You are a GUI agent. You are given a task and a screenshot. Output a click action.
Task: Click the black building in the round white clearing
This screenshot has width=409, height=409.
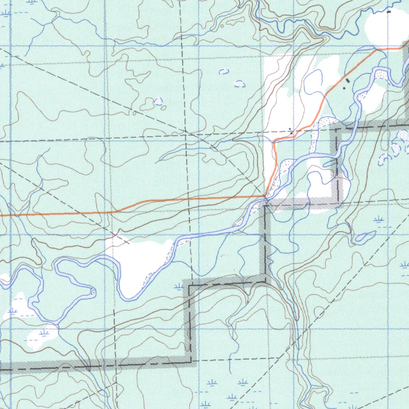[389, 12]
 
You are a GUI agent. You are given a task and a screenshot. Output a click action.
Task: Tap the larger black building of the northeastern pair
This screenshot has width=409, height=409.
[347, 81]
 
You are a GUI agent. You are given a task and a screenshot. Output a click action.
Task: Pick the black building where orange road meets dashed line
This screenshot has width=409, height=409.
[291, 132]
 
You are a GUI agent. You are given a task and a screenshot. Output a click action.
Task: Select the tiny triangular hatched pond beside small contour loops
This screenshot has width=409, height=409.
[159, 101]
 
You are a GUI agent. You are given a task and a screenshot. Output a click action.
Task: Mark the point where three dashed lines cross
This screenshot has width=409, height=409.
[186, 132]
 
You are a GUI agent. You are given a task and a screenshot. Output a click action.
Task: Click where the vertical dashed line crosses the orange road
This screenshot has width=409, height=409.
[189, 198]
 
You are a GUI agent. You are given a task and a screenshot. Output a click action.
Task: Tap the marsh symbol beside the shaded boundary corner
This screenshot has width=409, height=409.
[178, 286]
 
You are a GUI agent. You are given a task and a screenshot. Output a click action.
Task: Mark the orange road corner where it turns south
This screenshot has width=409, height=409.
[274, 142]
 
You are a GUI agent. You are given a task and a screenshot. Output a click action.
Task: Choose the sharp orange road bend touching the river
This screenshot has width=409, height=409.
[266, 195]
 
